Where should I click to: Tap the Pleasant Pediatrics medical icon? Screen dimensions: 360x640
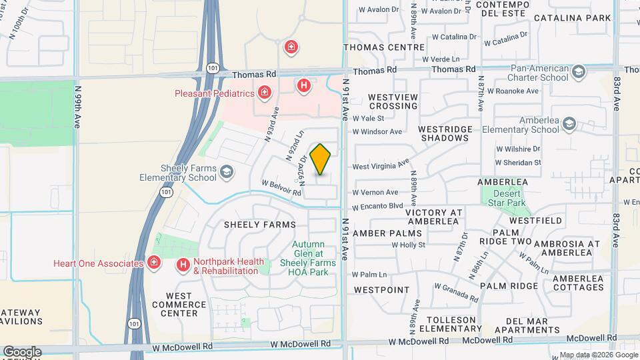point(265,92)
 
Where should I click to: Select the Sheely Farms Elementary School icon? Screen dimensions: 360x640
point(227,173)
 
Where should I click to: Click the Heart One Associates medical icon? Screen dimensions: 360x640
point(155,263)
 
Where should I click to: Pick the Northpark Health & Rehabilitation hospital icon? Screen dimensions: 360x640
point(183,265)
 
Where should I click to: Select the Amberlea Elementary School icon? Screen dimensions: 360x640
point(569,124)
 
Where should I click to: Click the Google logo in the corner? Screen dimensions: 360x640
point(21,351)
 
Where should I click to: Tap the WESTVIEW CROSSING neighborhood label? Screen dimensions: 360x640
point(393,101)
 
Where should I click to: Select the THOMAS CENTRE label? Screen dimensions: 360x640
point(383,47)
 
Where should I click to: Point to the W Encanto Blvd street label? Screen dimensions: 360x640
point(378,206)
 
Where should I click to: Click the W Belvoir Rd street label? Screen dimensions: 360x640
point(281,187)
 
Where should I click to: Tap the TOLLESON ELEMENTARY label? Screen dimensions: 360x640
point(445,324)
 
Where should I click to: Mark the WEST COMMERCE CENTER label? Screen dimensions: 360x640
point(179,304)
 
